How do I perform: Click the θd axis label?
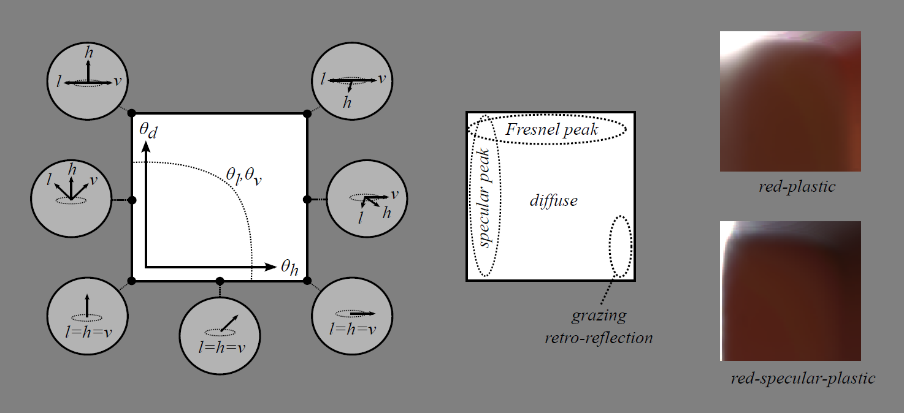click(x=148, y=131)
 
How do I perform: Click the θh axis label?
click(x=289, y=267)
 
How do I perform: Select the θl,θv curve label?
click(x=243, y=176)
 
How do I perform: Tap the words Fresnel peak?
click(x=552, y=129)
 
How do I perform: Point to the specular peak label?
click(x=484, y=198)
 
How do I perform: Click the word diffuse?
click(x=553, y=200)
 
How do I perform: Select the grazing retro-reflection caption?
click(x=599, y=327)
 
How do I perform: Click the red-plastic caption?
click(x=797, y=187)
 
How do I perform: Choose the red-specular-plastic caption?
click(x=803, y=378)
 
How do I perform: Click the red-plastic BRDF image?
click(x=790, y=101)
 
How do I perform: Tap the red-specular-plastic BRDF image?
click(x=790, y=291)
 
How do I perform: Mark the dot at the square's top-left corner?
click(x=132, y=114)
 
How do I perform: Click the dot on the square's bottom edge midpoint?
click(x=220, y=280)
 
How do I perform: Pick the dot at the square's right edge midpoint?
click(x=307, y=199)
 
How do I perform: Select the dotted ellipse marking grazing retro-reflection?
click(x=621, y=246)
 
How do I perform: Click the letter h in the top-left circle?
click(x=89, y=53)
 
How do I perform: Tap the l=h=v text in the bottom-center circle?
click(x=221, y=347)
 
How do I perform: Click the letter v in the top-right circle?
click(x=382, y=79)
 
